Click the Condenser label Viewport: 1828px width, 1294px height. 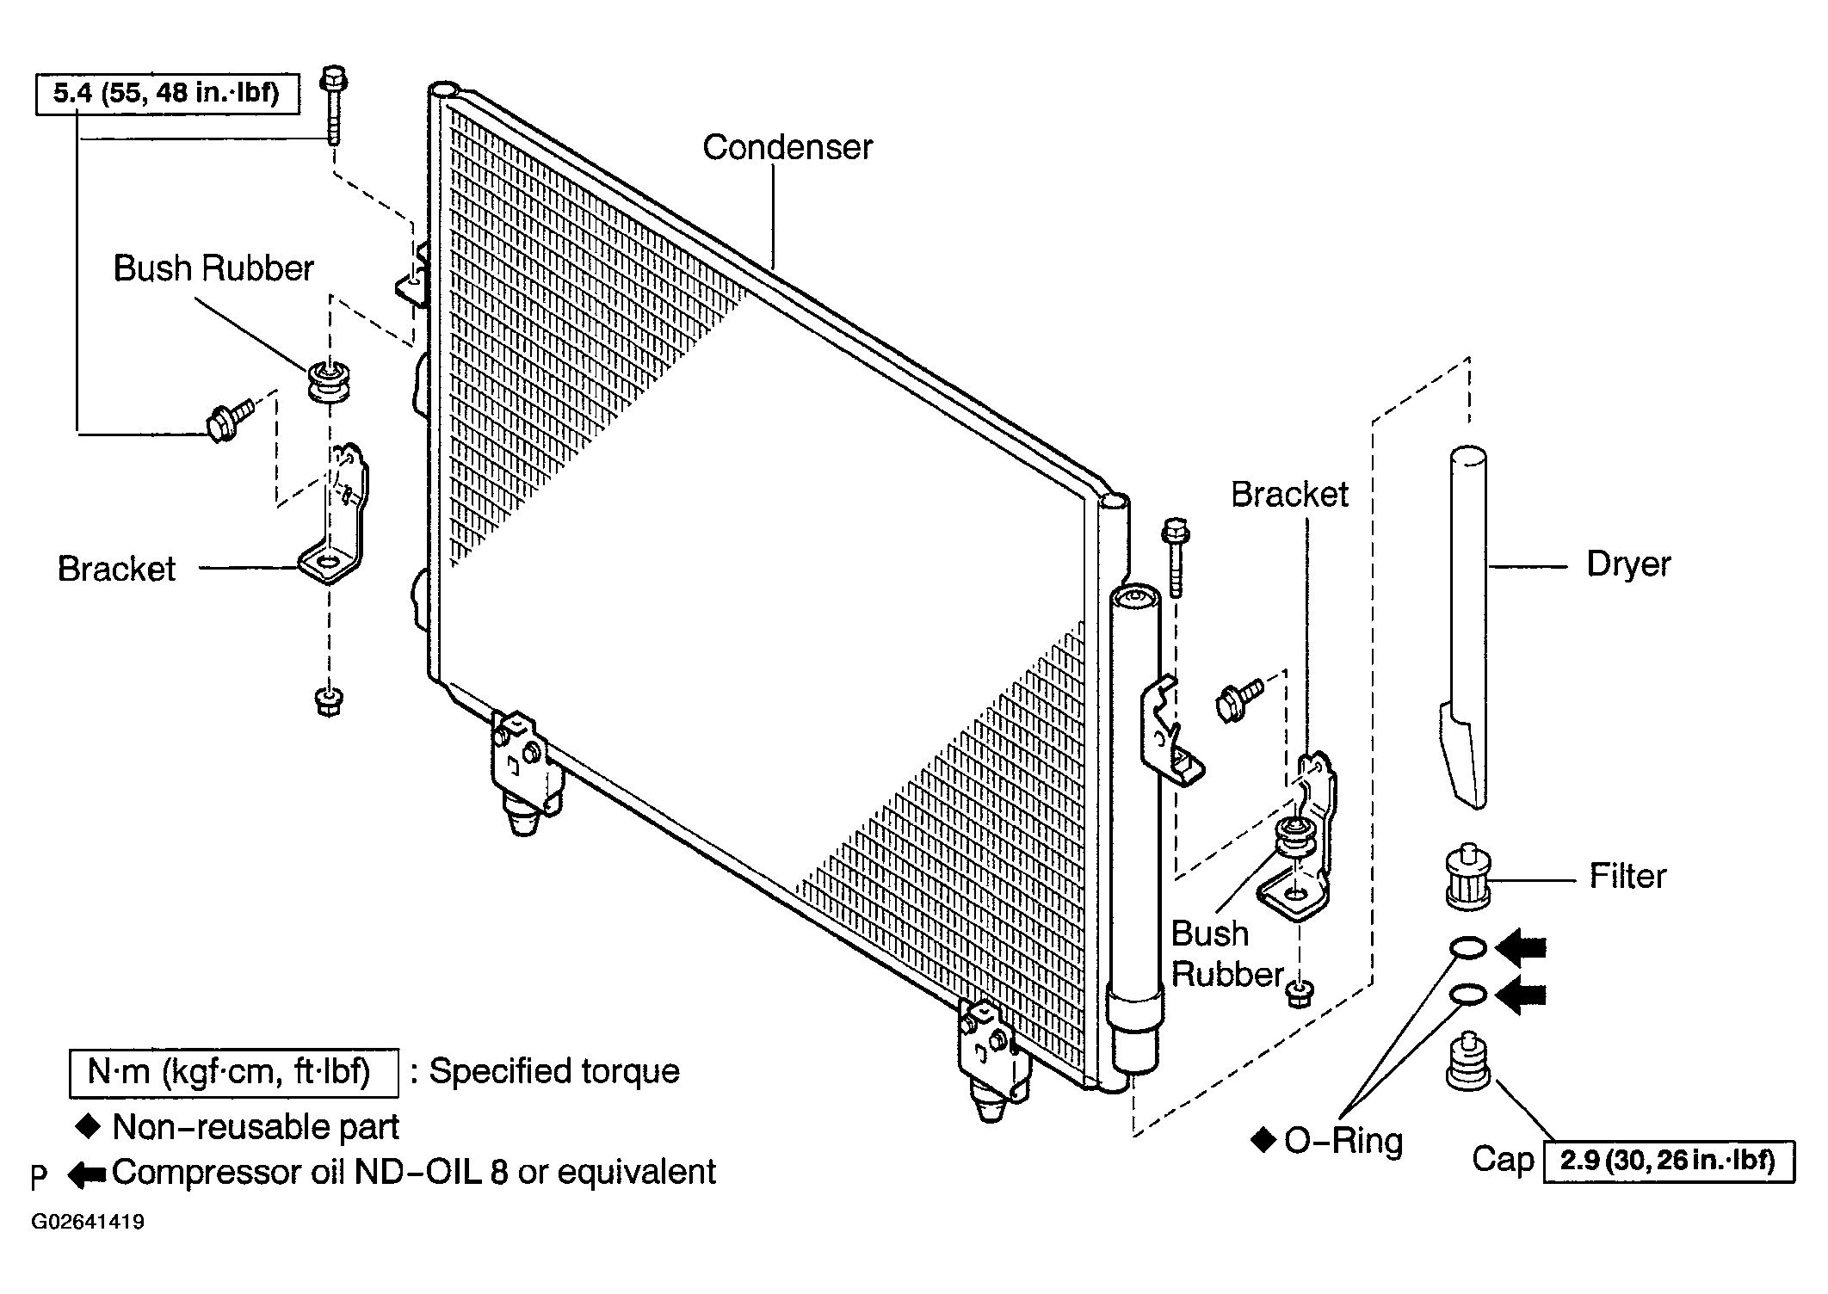pos(787,147)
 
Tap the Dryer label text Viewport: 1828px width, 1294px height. pos(1628,565)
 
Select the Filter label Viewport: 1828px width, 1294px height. pos(1627,876)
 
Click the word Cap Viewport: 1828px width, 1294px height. pos(1503,1160)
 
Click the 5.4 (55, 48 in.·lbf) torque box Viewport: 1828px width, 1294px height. pos(167,94)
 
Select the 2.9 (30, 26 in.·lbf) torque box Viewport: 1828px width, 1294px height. pos(1669,1162)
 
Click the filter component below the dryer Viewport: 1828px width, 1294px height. pos(1468,877)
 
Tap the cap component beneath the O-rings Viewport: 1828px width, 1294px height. pos(1467,1063)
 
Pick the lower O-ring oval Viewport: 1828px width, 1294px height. pos(1467,995)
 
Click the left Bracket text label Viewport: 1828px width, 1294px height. pos(116,569)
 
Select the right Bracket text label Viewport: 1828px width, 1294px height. pos(1289,494)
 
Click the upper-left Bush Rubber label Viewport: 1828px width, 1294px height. pos(213,268)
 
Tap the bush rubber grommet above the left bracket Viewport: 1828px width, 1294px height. pos(329,381)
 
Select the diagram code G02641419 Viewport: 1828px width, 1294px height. pos(88,1222)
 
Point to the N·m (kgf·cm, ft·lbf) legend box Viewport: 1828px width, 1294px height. pos(233,1073)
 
